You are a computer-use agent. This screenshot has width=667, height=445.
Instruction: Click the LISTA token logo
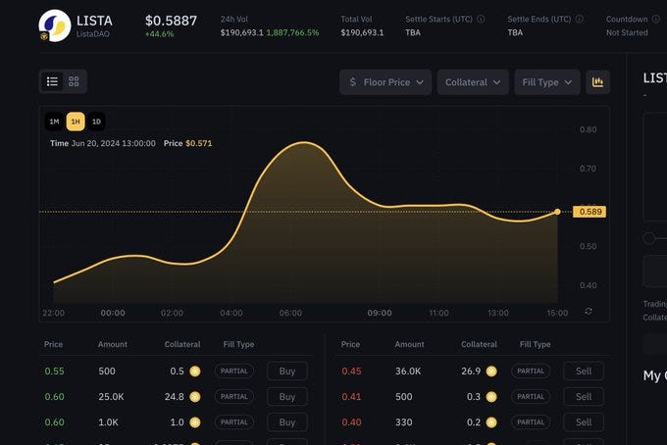click(54, 25)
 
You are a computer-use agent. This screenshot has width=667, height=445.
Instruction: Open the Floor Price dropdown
click(385, 82)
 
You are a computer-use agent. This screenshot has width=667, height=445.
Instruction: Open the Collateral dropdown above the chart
click(473, 82)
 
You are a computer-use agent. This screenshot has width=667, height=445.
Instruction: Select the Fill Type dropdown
click(546, 82)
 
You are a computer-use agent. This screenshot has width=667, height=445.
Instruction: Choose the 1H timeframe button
click(76, 122)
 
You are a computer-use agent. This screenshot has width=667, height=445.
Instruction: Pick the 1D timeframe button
click(96, 122)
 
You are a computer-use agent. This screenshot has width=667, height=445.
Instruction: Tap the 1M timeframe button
click(55, 122)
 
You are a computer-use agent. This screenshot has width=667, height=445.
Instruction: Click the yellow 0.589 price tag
click(590, 212)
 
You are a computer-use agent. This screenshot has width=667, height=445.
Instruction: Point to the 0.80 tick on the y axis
click(588, 129)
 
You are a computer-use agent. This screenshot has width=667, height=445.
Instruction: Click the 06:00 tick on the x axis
click(290, 313)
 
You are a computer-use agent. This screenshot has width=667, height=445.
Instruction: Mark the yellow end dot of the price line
click(557, 212)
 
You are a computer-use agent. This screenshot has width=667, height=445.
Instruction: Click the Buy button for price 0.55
click(286, 371)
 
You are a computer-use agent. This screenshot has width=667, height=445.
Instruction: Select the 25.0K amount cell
click(111, 397)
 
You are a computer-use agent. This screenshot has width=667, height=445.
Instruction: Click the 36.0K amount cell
click(409, 371)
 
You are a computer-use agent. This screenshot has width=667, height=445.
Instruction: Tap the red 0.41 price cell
click(351, 397)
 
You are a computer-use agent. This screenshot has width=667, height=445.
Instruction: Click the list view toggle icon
click(53, 81)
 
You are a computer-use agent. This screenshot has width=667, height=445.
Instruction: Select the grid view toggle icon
click(74, 81)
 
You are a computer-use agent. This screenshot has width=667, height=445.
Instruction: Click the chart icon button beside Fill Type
click(597, 82)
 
